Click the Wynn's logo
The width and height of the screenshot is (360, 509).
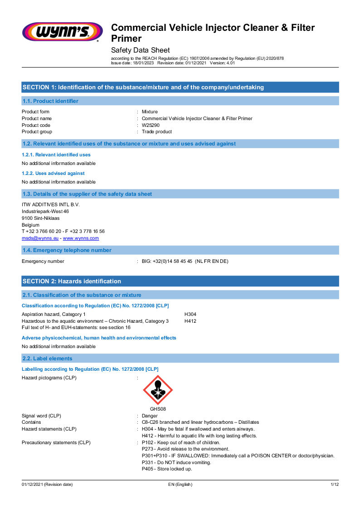[x=62, y=32]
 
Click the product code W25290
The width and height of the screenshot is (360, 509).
[x=151, y=125]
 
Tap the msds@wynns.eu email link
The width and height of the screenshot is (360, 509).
[x=40, y=238]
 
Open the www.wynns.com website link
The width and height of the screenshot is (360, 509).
[x=81, y=238]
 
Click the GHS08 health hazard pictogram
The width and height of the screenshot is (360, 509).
[x=158, y=390]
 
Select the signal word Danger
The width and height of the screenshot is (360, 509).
[x=150, y=416]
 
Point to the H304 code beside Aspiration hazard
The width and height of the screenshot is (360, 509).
[x=190, y=314]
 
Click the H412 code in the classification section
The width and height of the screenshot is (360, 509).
[x=190, y=321]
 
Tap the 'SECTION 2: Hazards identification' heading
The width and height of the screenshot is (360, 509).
[x=72, y=281]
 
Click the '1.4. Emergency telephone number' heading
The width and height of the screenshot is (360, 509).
[x=67, y=250]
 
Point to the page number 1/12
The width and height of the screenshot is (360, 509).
[x=334, y=485]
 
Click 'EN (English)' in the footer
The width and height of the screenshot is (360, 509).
[x=180, y=485]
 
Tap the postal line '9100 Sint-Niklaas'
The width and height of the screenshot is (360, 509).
[x=40, y=218]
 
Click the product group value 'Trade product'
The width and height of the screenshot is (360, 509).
[x=157, y=132]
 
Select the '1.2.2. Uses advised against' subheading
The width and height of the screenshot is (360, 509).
[x=53, y=173]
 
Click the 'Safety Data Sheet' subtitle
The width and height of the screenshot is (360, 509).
[x=141, y=50]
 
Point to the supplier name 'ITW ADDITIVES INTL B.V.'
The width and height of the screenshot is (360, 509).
[x=51, y=204]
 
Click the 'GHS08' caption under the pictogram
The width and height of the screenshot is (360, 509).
[x=158, y=409]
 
